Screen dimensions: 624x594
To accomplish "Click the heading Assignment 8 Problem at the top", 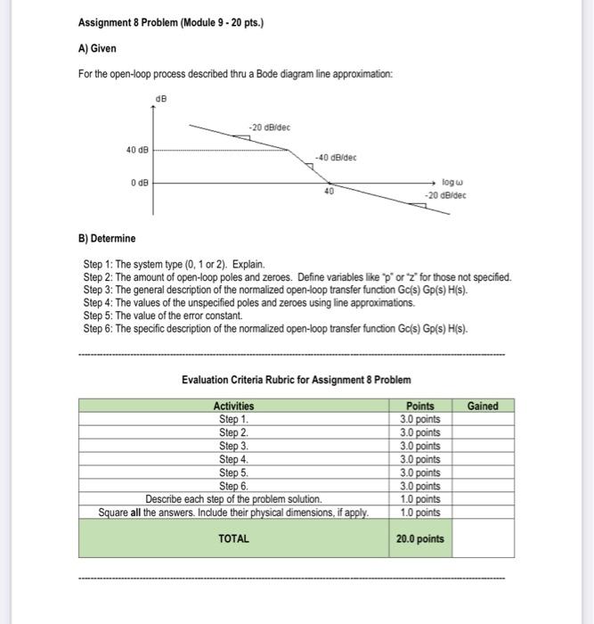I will [170, 22].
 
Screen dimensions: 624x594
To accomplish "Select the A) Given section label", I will [97, 48].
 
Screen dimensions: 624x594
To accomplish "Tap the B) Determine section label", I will [108, 238].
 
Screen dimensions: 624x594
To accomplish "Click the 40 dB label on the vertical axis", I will [136, 150].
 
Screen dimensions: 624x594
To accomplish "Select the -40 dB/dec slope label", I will [337, 158].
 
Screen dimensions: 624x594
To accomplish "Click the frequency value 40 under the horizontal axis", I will [329, 192].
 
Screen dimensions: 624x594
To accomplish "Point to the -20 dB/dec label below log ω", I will [445, 195].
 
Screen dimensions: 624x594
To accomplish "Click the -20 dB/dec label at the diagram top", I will [270, 127].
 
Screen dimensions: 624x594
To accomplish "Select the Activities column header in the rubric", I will [233, 406].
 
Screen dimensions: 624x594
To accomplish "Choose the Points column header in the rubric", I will [421, 406].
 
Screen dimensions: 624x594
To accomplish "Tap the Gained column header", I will [483, 406].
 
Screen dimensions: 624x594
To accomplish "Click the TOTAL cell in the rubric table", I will [233, 538].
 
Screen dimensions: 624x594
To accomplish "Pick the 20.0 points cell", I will [421, 538].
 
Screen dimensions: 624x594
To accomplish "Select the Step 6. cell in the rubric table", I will [233, 486].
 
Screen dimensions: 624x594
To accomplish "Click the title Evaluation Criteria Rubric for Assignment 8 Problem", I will [297, 379].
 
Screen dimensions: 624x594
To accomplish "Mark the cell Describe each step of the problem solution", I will [233, 499].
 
